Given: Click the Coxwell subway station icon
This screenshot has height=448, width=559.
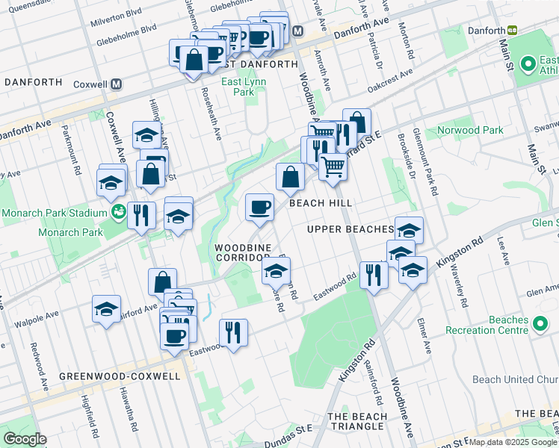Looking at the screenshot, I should point(117,84).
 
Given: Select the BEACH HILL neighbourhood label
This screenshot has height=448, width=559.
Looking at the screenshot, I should point(321,203).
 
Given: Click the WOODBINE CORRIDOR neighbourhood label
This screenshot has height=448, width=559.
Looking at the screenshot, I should point(243,252).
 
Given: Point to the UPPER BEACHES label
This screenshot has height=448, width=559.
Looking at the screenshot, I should point(350,229).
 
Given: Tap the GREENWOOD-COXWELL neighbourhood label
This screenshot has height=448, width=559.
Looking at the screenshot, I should point(120,376).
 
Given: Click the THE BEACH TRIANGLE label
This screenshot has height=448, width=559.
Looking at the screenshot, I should point(357,421).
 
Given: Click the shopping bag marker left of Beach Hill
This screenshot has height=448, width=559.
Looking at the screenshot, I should point(290,178).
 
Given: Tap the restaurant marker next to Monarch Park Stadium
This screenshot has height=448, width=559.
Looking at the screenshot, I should point(140,215).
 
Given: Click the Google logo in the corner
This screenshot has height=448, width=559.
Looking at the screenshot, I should point(25,439).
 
